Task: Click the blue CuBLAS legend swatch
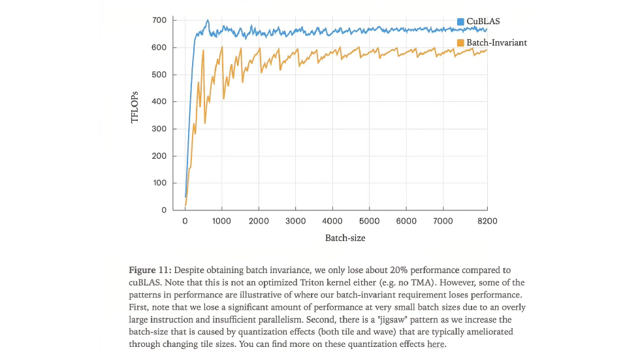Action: coord(460,22)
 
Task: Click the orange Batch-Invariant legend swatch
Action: coord(460,42)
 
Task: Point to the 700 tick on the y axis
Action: coord(160,20)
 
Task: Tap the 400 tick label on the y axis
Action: coord(160,102)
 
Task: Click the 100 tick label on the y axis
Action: coord(160,183)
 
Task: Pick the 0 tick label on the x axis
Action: coord(185,221)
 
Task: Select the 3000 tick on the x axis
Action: coord(296,221)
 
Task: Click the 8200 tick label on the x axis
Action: coord(487,221)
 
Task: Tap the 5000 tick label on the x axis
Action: coord(370,221)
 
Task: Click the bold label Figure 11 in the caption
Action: coord(148,270)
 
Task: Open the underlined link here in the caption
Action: coord(436,344)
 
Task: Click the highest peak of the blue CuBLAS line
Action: coord(208,20)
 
